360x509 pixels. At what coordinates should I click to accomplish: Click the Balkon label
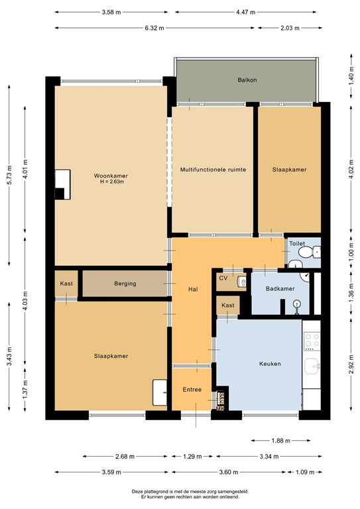point(247,80)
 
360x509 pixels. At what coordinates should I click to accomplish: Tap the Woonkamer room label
point(110,176)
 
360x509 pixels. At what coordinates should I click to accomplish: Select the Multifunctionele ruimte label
point(213,170)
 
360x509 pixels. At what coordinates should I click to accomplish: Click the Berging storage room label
point(125,284)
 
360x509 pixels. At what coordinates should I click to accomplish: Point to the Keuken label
point(270,364)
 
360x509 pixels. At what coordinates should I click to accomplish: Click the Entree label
point(192,389)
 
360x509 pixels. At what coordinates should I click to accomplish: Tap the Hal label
point(193,289)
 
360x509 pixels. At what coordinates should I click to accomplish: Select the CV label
point(223,278)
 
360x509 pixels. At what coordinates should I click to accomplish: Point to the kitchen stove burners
point(311,341)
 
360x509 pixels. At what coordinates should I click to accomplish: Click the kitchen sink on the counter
point(312,366)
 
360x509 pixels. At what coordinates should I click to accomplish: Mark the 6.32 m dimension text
point(155,28)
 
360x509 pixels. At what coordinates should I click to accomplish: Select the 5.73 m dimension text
point(9,175)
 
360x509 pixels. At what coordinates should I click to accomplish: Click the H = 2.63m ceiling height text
point(110,183)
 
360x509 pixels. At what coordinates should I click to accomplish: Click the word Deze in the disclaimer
point(138,491)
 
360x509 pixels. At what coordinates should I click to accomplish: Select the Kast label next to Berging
point(66,284)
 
